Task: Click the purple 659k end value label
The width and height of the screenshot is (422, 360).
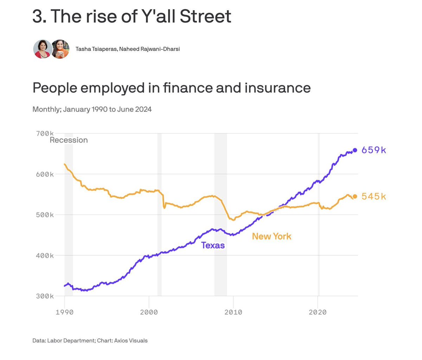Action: (x=373, y=150)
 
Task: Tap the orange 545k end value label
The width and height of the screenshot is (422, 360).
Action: (x=373, y=196)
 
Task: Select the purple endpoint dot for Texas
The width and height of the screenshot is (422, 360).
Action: (x=355, y=150)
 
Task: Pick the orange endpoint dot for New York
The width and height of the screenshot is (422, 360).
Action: (x=355, y=196)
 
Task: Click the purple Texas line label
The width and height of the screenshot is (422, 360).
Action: (x=213, y=245)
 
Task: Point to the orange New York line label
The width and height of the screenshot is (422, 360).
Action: (x=271, y=236)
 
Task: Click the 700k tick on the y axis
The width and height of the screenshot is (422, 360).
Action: (x=44, y=134)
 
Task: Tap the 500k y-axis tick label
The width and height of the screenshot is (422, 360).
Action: (x=44, y=215)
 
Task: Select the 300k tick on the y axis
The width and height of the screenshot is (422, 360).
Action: (x=44, y=296)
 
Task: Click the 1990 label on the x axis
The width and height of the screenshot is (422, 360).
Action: (x=65, y=312)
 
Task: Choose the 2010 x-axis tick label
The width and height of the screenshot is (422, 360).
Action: (x=233, y=312)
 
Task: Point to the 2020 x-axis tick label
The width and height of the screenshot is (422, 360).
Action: (x=318, y=312)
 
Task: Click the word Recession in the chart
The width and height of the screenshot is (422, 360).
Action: (x=69, y=140)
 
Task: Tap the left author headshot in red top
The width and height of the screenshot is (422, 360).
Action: (x=43, y=49)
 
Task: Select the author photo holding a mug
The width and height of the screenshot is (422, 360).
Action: (x=60, y=49)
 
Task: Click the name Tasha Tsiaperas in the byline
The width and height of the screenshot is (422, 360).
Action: (x=96, y=49)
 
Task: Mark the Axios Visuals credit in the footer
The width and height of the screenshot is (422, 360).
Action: (x=131, y=340)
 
